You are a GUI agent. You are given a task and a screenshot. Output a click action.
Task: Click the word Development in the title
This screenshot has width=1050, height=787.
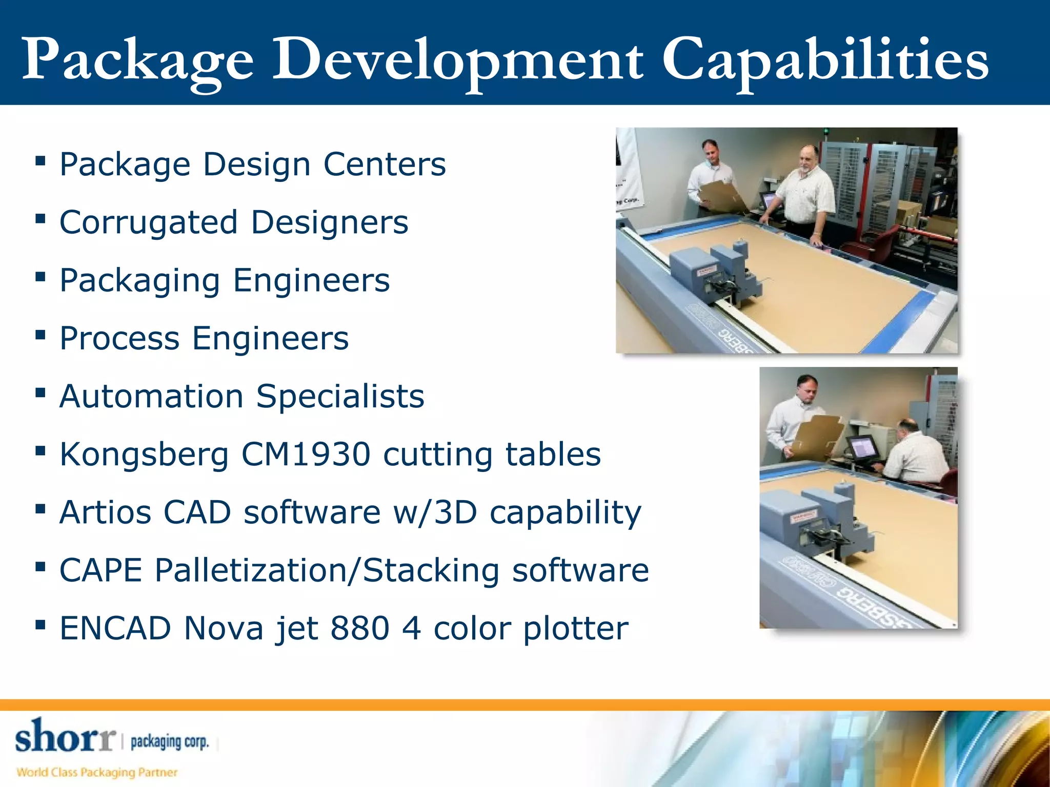[x=457, y=60]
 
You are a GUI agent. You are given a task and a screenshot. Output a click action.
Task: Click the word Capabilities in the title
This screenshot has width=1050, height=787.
[x=825, y=60]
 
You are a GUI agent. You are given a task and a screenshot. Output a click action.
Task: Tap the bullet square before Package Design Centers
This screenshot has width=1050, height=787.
[x=41, y=162]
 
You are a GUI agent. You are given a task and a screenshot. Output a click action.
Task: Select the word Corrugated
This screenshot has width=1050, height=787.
[x=148, y=223]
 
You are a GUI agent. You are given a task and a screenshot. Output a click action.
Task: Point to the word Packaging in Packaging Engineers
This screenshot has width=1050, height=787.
[x=139, y=281]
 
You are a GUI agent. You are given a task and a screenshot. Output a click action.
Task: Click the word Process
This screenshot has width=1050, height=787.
[x=119, y=339]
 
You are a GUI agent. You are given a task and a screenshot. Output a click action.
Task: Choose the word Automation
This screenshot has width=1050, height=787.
[x=151, y=397]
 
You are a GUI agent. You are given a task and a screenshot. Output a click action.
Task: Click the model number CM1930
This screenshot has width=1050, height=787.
[x=306, y=454]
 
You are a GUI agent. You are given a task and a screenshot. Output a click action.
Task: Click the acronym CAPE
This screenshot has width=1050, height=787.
[x=100, y=570]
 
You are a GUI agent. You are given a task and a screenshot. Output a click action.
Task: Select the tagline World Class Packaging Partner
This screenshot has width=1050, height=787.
[x=97, y=772]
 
